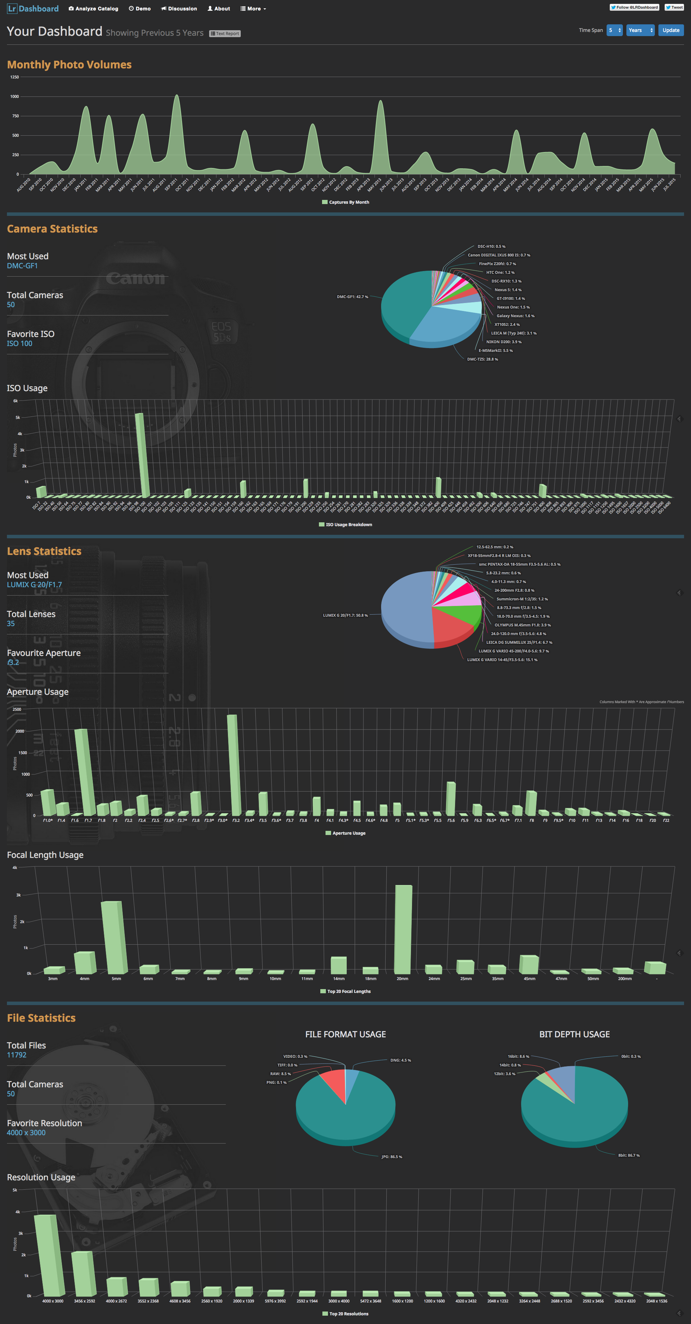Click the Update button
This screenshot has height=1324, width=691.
pos(671,30)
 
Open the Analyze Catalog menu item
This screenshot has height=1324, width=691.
pos(94,9)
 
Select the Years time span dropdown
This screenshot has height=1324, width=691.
pos(640,30)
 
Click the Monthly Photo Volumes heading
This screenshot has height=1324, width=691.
pos(69,65)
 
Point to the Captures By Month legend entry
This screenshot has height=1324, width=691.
pos(345,202)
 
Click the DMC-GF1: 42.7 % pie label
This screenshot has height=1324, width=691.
pos(352,297)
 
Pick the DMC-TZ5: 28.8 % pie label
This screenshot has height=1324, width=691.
pos(482,359)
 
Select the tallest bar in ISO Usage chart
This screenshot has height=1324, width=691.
pos(142,455)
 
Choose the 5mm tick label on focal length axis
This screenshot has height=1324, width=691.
pos(116,979)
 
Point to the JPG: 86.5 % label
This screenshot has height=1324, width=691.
pos(392,1156)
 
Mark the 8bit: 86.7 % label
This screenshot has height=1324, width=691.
pos(628,1155)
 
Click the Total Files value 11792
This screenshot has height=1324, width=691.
pos(16,1055)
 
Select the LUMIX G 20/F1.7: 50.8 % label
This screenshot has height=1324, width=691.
pos(345,615)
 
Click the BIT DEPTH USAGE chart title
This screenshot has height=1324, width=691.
pos(574,1034)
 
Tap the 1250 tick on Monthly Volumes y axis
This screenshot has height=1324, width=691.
pos(14,77)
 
